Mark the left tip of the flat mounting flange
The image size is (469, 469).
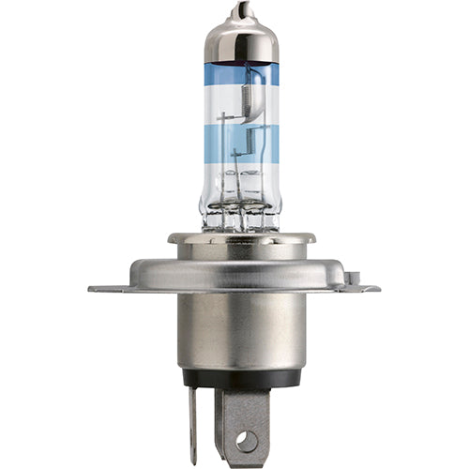[92, 289]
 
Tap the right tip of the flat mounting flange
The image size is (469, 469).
[377, 289]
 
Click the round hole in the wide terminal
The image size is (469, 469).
[245, 438]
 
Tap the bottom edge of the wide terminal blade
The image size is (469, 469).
[246, 463]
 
